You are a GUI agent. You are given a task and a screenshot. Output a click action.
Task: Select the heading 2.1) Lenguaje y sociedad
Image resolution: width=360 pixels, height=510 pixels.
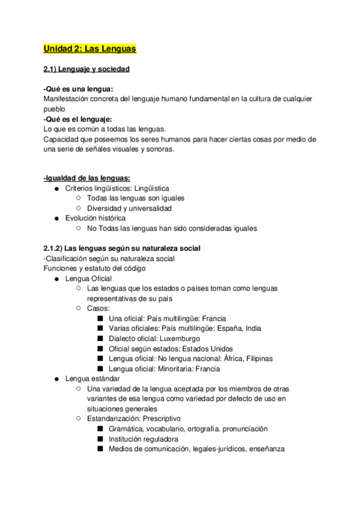point(87,69)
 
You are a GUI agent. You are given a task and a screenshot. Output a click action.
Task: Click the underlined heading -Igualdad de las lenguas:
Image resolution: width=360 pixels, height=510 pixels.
point(88,178)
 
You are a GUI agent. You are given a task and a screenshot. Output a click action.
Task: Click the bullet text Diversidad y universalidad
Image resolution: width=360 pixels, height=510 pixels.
point(129,208)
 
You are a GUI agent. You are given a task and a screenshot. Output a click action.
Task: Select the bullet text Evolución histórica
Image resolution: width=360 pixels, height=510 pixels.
point(96,218)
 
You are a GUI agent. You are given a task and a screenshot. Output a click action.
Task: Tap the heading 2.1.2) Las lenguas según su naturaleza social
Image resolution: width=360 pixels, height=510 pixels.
point(122,248)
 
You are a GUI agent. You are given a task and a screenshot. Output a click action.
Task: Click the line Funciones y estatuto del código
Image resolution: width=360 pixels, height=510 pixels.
point(94,268)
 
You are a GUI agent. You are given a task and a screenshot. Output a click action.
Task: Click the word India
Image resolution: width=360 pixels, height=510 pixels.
point(251,328)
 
